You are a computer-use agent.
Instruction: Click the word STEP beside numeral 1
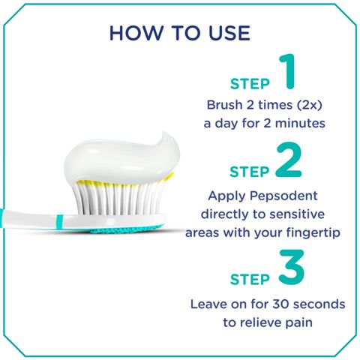point(249,84)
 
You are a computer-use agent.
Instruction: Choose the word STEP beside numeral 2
point(249,172)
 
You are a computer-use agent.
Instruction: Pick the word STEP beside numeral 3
point(249,280)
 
